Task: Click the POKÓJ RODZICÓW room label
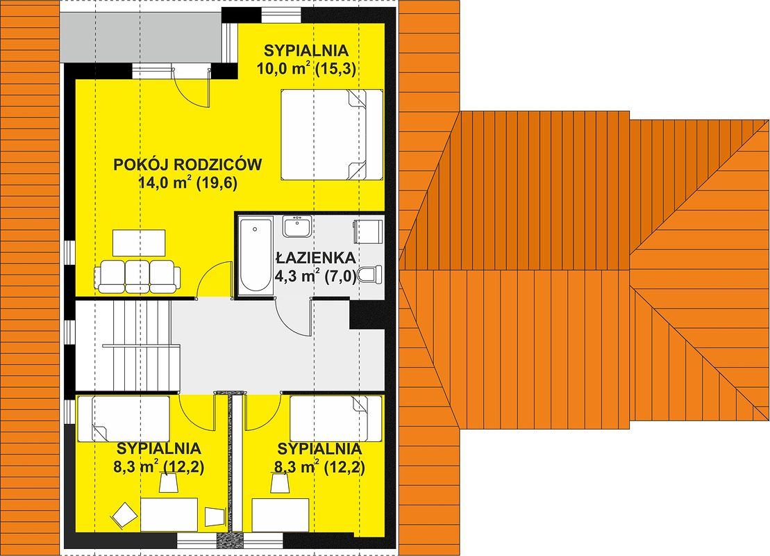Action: [187, 164]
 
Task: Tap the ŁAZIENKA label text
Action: [315, 258]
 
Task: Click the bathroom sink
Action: [296, 227]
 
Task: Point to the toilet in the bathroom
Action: [371, 275]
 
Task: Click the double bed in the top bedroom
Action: [331, 134]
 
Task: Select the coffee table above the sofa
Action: [139, 243]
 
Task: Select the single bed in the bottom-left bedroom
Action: [124, 419]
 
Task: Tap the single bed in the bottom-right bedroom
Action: [336, 418]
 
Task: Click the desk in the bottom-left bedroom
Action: [169, 514]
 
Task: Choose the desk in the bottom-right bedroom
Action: [281, 515]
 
